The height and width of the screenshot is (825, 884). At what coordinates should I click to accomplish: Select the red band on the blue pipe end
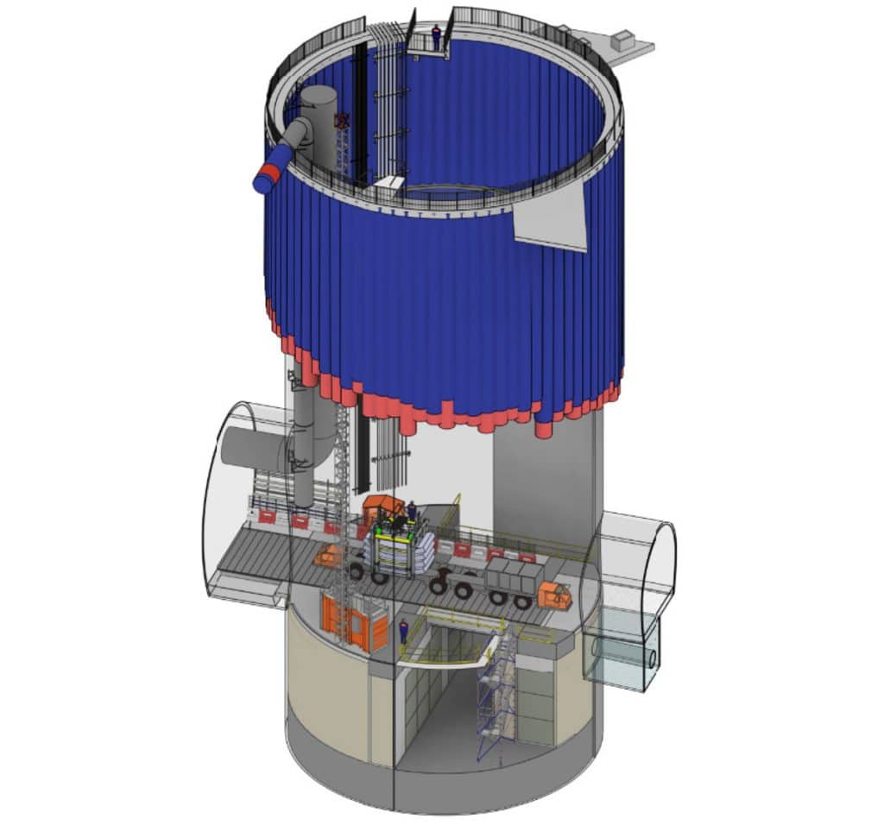coord(268,175)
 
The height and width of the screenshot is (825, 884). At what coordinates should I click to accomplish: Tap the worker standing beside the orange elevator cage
coord(402,631)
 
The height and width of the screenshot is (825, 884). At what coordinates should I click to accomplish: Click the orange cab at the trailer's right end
coord(552,595)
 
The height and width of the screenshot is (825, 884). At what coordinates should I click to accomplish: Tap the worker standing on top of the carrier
coord(412,512)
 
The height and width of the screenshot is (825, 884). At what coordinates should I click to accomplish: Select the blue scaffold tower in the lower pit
coord(495,699)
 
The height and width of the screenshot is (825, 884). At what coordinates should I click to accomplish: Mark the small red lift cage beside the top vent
coord(343,122)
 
